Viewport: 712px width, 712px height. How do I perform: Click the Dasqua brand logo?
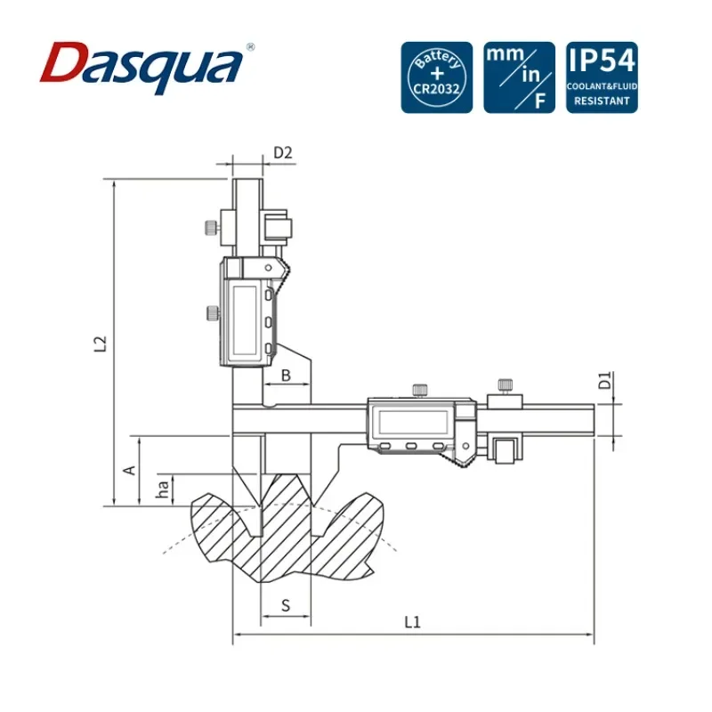click(142, 68)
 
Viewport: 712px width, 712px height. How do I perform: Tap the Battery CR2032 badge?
click(436, 77)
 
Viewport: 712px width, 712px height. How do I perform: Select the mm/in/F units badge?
click(519, 77)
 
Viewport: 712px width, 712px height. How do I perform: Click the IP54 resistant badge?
click(602, 77)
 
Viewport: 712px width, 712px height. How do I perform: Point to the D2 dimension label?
click(283, 152)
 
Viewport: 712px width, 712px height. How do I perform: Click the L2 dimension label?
click(101, 344)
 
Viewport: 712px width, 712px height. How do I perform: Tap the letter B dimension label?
click(286, 376)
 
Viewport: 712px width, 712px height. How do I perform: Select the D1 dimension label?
click(605, 381)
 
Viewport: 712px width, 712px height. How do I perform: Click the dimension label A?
click(130, 471)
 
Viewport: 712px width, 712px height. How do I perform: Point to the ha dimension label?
click(162, 488)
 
